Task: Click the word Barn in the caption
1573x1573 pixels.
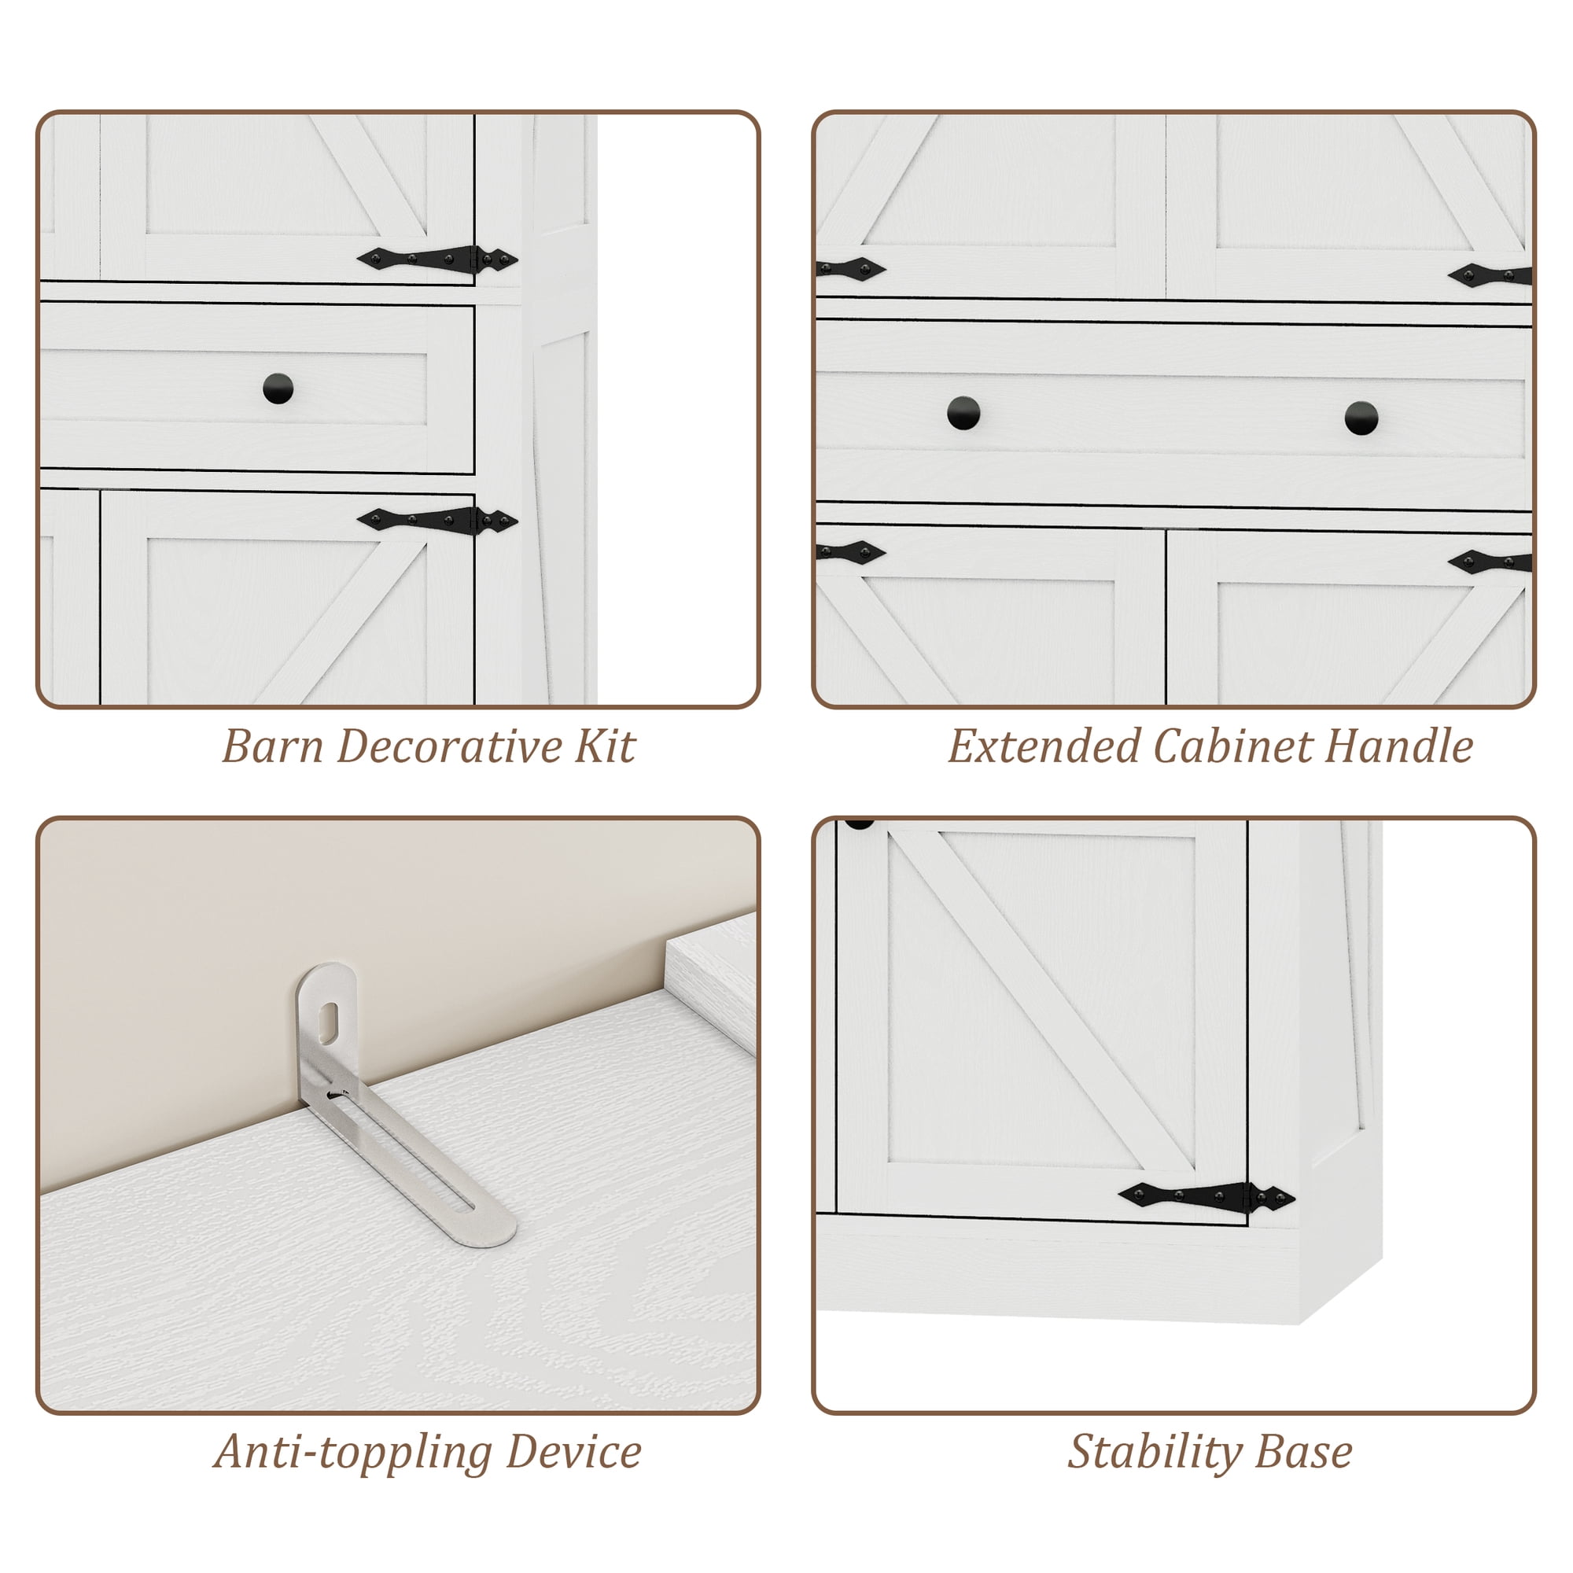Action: (x=273, y=746)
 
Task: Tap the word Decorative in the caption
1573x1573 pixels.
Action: (x=449, y=746)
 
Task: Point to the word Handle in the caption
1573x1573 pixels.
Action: (x=1398, y=746)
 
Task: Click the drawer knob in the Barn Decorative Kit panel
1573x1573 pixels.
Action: (x=278, y=389)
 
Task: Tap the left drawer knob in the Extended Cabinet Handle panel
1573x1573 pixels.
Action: (x=964, y=413)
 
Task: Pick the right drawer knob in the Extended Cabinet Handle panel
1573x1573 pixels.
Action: (x=1361, y=418)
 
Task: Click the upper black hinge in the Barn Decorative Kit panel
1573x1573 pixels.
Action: (x=437, y=259)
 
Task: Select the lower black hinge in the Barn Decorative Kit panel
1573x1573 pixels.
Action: (x=437, y=519)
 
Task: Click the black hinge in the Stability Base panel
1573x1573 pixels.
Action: (x=1206, y=1196)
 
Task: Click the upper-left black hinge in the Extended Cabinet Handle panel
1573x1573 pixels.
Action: (x=851, y=268)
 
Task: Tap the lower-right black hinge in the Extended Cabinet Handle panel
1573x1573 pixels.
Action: (x=1490, y=562)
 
